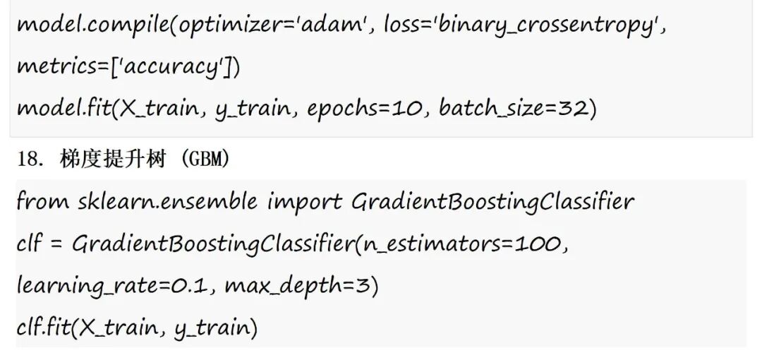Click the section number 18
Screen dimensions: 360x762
[31, 159]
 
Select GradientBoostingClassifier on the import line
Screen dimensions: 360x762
[492, 202]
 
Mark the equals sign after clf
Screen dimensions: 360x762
[56, 245]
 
